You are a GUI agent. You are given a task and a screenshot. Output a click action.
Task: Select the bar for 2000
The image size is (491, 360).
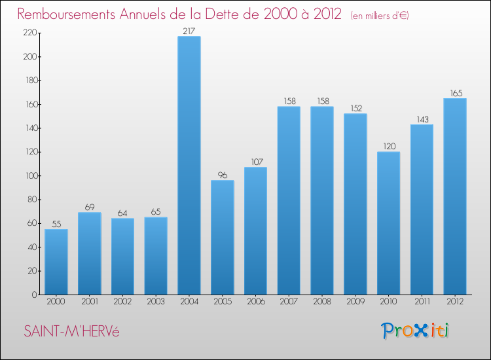[56, 262]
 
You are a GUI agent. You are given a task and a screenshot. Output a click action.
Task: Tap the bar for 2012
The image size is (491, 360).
[455, 196]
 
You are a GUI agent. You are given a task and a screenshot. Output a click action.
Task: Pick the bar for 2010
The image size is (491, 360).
[388, 223]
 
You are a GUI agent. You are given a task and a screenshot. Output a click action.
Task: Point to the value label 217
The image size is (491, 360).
[189, 31]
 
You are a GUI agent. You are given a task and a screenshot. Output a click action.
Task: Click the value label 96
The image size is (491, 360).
[223, 175]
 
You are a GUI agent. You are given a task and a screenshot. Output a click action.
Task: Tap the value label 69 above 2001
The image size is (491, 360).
[90, 207]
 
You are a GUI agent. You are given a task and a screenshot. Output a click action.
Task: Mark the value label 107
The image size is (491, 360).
[255, 162]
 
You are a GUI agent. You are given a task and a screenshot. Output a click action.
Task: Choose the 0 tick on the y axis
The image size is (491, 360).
[35, 295]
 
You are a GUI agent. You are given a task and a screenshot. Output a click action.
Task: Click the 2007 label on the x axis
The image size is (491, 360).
[289, 302]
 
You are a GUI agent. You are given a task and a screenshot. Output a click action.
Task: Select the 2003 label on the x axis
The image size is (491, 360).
[156, 302]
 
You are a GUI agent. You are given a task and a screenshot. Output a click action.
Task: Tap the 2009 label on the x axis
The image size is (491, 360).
[355, 302]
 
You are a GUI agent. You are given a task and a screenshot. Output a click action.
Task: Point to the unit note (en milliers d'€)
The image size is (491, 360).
[379, 15]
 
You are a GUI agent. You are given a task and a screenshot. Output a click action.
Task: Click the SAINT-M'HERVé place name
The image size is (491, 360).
[72, 332]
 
